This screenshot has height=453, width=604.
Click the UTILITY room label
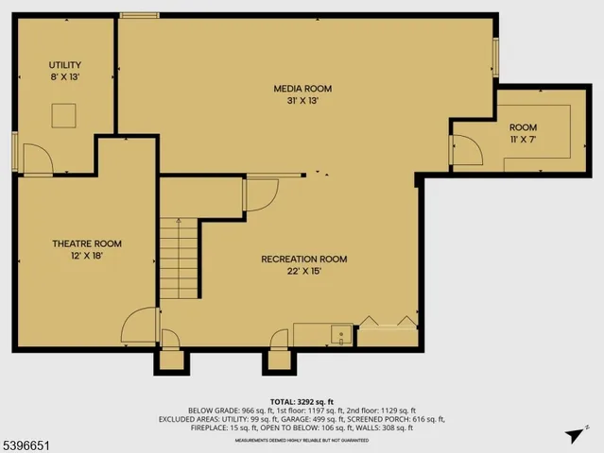(x=65, y=64)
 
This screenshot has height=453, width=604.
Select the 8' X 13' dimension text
(x=65, y=76)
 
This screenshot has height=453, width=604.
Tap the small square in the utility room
(x=64, y=114)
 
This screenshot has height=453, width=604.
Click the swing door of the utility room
(x=36, y=159)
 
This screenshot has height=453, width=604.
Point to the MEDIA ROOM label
(x=303, y=89)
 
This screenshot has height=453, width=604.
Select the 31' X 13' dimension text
(x=303, y=101)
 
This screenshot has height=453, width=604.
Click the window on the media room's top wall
(x=139, y=15)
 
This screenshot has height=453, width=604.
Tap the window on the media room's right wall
(x=494, y=59)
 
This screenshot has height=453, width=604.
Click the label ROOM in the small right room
(x=523, y=127)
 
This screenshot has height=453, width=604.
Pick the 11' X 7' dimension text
(x=523, y=140)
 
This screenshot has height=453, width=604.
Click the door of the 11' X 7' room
(x=466, y=149)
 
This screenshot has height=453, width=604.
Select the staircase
(x=178, y=257)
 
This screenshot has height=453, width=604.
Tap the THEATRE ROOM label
(x=86, y=243)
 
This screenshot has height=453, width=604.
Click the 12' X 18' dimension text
(x=86, y=256)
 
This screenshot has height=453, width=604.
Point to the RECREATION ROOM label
(x=304, y=259)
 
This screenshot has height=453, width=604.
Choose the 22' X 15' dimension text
(x=304, y=271)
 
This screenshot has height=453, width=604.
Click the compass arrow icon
(x=572, y=435)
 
